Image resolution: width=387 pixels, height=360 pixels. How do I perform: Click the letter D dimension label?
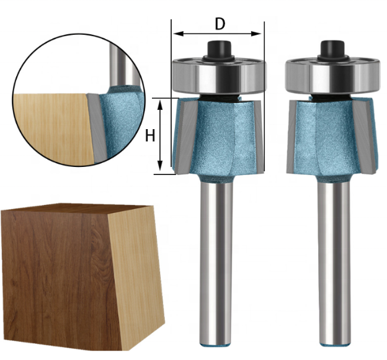tap(220, 24)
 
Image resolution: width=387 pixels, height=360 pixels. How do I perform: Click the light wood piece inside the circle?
tap(50, 127)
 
